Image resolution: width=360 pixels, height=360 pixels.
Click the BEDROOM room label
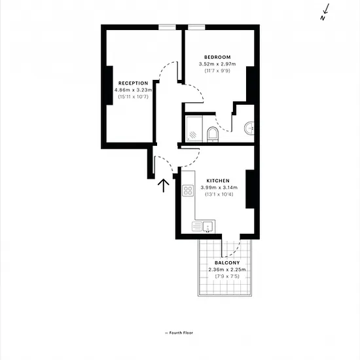pos(217,57)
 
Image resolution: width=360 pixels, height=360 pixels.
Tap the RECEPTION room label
pos(133,83)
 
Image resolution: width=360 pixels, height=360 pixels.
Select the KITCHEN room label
pos(218,181)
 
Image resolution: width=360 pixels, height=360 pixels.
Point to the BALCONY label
pos(227,262)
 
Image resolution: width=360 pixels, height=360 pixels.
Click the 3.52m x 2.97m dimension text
pos(217,64)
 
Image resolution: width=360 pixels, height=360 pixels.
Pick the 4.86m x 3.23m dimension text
pos(133,90)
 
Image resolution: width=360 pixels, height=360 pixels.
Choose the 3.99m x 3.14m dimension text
pos(219,187)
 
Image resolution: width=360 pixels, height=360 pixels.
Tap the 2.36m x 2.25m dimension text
pos(227,269)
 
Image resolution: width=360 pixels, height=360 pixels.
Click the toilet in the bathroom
pos(213,135)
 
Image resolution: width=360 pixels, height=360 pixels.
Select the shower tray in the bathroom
pos(194,129)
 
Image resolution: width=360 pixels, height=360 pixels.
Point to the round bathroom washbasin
pos(249,128)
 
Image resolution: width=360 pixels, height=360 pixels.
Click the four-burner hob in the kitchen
pos(188,190)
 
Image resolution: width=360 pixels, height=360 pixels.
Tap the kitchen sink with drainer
pos(204,226)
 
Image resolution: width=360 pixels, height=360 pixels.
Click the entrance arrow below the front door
pos(164,185)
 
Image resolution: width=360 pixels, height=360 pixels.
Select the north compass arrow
pos(325,12)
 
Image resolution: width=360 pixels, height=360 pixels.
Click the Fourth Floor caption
pos(179,333)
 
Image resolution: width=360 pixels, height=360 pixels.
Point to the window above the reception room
pos(167,27)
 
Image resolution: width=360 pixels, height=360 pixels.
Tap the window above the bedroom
pos(196,27)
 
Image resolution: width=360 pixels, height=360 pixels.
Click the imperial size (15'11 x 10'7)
pos(133,97)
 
